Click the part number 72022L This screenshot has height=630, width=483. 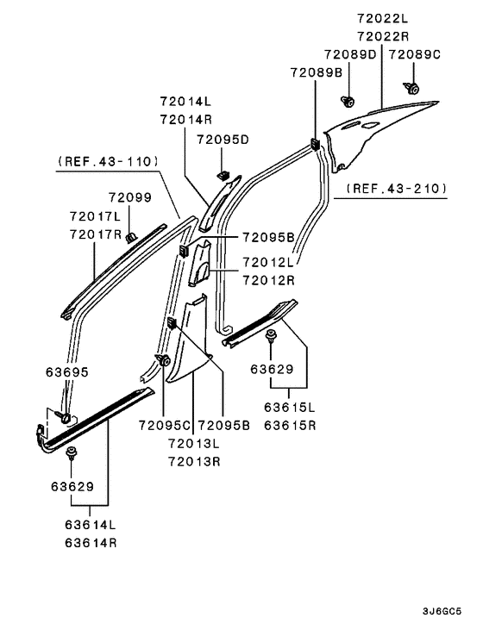coord(382,18)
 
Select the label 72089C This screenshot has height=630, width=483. coord(414,54)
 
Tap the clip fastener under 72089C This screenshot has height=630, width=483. coord(411,87)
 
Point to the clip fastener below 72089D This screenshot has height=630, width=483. coord(348,101)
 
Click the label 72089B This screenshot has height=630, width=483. coord(316,72)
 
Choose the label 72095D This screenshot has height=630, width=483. coord(223,140)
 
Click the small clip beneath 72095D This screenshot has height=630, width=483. coord(223,175)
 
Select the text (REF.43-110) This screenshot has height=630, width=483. coord(108,161)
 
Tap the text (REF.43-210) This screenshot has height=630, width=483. coord(396,188)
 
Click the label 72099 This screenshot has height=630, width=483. coord(130,197)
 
